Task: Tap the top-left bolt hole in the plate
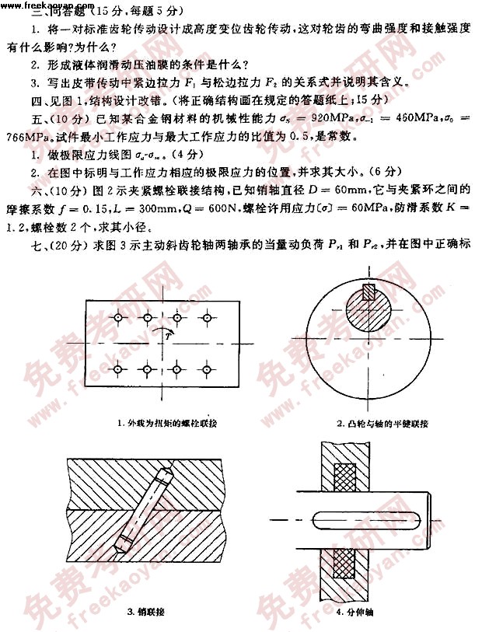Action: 116,317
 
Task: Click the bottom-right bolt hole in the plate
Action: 208,367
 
